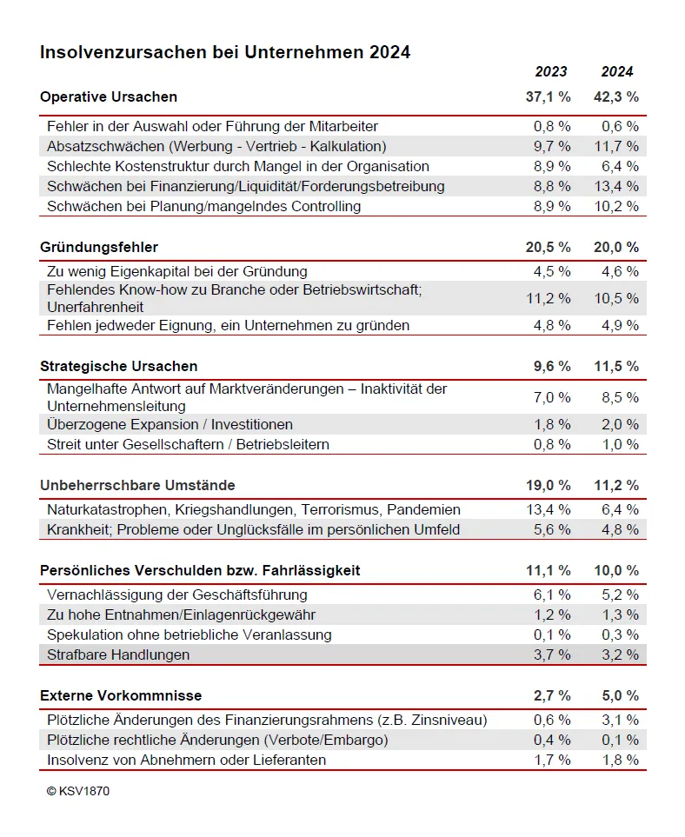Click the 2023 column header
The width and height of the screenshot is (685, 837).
550,71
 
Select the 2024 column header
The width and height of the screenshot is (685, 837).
617,71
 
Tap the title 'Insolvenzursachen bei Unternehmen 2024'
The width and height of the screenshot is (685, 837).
225,52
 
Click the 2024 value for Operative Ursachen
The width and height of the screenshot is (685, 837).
616,96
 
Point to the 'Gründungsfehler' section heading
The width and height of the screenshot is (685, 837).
99,248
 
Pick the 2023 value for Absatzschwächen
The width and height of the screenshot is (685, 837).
552,146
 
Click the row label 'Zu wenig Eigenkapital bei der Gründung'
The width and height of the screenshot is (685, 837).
177,271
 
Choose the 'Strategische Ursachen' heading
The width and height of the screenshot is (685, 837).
119,366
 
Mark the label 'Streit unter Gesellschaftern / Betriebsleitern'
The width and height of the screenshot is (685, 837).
188,444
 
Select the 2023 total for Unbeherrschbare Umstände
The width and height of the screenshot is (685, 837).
549,485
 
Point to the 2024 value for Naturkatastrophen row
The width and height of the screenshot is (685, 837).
620,509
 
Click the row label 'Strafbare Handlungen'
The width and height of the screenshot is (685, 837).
118,654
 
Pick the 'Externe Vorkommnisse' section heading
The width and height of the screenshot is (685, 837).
121,695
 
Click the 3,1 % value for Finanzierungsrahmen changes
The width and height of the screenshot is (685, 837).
620,720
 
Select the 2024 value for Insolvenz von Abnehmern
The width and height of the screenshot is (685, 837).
620,760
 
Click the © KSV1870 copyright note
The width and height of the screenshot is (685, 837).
78,791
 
